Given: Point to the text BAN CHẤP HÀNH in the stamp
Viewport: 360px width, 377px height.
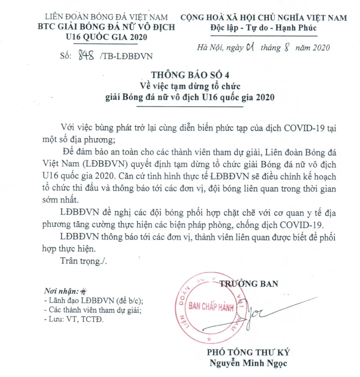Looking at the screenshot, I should pyautogui.click(x=211, y=307).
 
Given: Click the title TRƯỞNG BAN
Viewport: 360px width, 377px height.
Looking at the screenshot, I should pyautogui.click(x=249, y=284).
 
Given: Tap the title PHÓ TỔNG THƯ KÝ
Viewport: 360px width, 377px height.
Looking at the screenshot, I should pyautogui.click(x=248, y=353).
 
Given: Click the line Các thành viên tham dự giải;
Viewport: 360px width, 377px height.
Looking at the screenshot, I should pyautogui.click(x=92, y=310).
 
